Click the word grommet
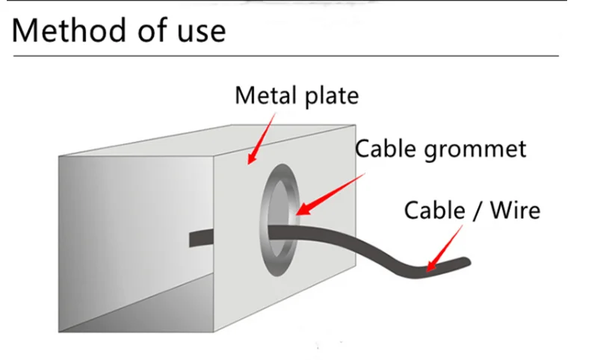click(475, 149)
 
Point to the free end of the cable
click(465, 262)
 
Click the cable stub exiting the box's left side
click(200, 238)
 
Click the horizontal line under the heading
click(284, 55)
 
